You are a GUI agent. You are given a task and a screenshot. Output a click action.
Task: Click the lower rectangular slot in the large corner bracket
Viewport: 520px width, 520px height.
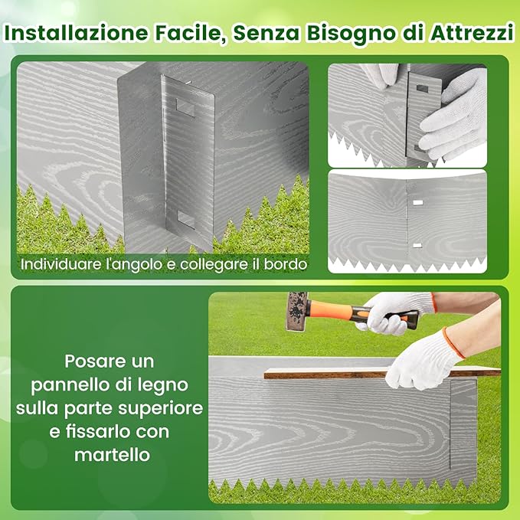(x=186, y=220)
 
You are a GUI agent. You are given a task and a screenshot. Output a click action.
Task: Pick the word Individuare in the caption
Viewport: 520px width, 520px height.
(x=57, y=264)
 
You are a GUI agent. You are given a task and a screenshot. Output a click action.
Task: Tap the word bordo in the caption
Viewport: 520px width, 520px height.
(x=288, y=264)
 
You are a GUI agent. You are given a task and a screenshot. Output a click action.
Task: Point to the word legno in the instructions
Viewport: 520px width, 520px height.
(x=165, y=383)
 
